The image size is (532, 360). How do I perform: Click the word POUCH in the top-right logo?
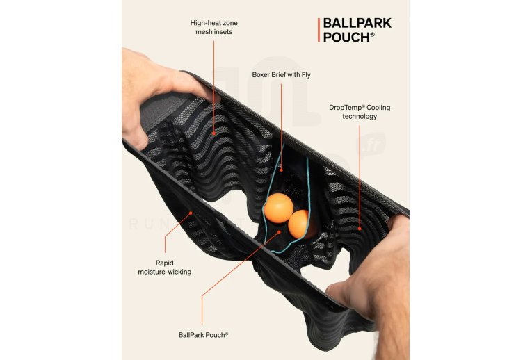(346, 37)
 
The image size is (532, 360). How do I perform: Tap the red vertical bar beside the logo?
(319, 30)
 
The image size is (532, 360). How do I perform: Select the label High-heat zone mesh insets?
(213, 27)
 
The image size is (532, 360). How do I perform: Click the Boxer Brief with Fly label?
(281, 74)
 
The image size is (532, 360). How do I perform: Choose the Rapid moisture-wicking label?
(164, 267)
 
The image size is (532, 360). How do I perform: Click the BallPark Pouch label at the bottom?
(203, 334)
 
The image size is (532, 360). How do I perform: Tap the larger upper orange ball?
(278, 207)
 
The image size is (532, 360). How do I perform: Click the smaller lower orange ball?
(299, 223)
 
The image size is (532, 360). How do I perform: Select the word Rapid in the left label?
(165, 262)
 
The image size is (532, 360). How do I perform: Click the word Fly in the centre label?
(305, 74)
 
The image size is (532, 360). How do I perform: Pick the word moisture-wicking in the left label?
(164, 272)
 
